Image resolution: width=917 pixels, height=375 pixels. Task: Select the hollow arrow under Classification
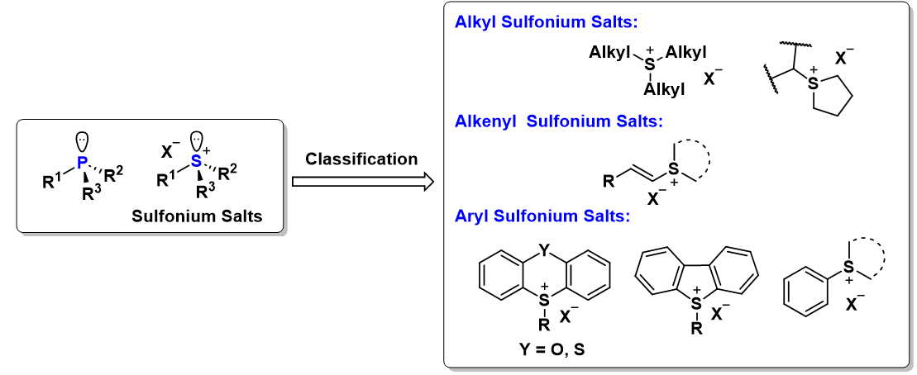tap(363, 182)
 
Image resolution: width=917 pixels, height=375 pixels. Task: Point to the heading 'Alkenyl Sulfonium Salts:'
tap(558, 122)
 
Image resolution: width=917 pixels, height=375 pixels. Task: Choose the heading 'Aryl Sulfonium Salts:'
tap(542, 216)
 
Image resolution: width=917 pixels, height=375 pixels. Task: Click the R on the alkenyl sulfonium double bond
tap(609, 183)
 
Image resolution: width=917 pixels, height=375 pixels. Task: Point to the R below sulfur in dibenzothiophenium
tap(696, 330)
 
